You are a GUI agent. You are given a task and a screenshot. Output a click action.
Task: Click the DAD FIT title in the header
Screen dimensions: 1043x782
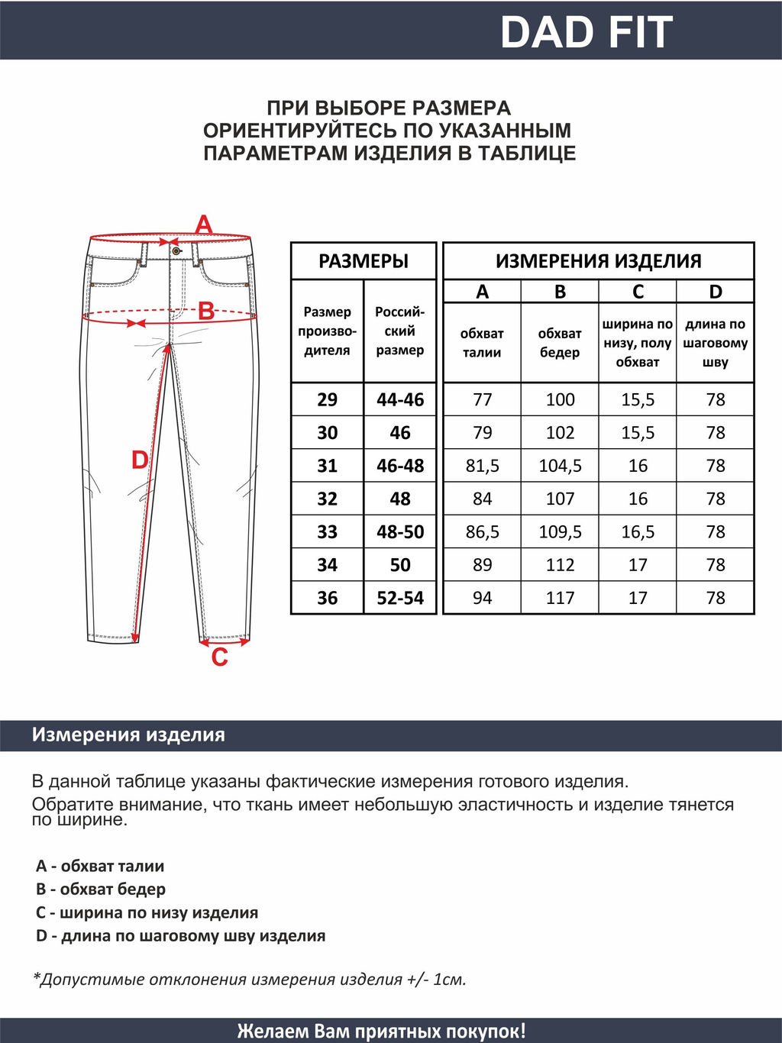point(586,32)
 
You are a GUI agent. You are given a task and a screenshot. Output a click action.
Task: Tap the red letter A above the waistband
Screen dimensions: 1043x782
point(204,225)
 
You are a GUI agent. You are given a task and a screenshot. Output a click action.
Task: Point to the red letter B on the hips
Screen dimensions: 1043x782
point(206,312)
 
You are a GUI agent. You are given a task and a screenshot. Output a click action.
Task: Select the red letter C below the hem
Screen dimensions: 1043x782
point(219,657)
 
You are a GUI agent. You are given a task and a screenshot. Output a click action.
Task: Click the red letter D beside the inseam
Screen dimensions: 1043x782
point(140,460)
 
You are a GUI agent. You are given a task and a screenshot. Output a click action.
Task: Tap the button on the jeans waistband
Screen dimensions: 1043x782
point(176,250)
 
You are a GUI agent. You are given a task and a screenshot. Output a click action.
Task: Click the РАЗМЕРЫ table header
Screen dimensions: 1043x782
point(364,261)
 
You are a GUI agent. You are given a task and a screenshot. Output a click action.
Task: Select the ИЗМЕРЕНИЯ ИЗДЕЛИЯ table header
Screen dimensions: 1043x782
point(598,261)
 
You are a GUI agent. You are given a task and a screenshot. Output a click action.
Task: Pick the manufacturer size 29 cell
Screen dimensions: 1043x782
point(327,399)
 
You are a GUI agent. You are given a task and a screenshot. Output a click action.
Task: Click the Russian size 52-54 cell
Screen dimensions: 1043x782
point(400,598)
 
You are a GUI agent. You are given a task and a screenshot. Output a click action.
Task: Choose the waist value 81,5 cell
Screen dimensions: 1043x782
point(482,466)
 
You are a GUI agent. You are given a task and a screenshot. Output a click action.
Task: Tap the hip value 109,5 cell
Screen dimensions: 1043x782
point(560,531)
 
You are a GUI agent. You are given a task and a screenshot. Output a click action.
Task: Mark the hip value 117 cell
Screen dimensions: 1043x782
point(560,598)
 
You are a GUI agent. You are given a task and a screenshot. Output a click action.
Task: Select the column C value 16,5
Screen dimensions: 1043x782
point(638,531)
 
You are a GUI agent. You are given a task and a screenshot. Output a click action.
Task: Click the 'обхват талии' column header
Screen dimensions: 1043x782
point(482,343)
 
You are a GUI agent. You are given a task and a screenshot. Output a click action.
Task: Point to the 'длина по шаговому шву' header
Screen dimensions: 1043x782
point(715,343)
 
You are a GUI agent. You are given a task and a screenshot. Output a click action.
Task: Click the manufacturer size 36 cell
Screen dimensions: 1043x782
point(327,598)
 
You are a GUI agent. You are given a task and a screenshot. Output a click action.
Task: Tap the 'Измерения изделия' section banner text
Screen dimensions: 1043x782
point(128,735)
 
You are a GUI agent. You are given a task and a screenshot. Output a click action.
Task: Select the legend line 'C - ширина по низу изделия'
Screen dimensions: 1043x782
point(147,912)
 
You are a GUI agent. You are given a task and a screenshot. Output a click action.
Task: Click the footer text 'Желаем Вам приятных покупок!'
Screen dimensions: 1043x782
point(381,1031)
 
